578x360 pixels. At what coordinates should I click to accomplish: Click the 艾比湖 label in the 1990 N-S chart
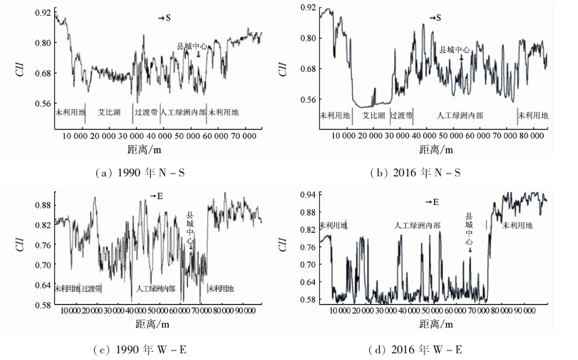[x=109, y=112]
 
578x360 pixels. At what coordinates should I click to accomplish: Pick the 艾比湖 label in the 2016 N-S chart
[x=374, y=116]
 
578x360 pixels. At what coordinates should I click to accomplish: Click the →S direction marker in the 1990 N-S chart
[x=165, y=18]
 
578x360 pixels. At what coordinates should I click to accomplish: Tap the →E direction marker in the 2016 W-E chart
[x=432, y=202]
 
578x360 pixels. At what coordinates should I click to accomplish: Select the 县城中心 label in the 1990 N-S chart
[x=192, y=46]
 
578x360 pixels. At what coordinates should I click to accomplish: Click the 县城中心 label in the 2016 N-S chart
[x=454, y=50]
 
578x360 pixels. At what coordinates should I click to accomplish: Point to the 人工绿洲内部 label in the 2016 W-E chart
[x=417, y=225]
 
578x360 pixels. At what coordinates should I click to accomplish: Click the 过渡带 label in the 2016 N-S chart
[x=401, y=116]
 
